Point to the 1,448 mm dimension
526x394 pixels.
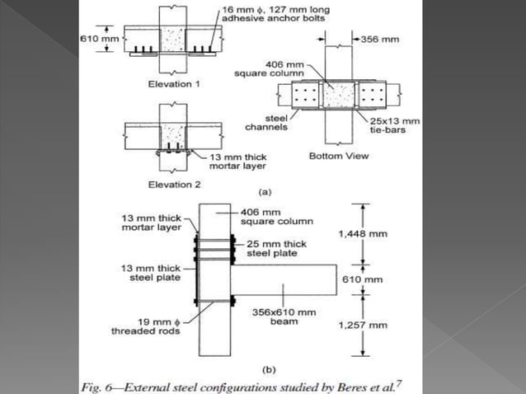pos(362,234)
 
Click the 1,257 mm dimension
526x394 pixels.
pos(362,325)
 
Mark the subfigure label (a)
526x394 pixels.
pos(265,191)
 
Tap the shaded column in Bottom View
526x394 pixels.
pos(338,97)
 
